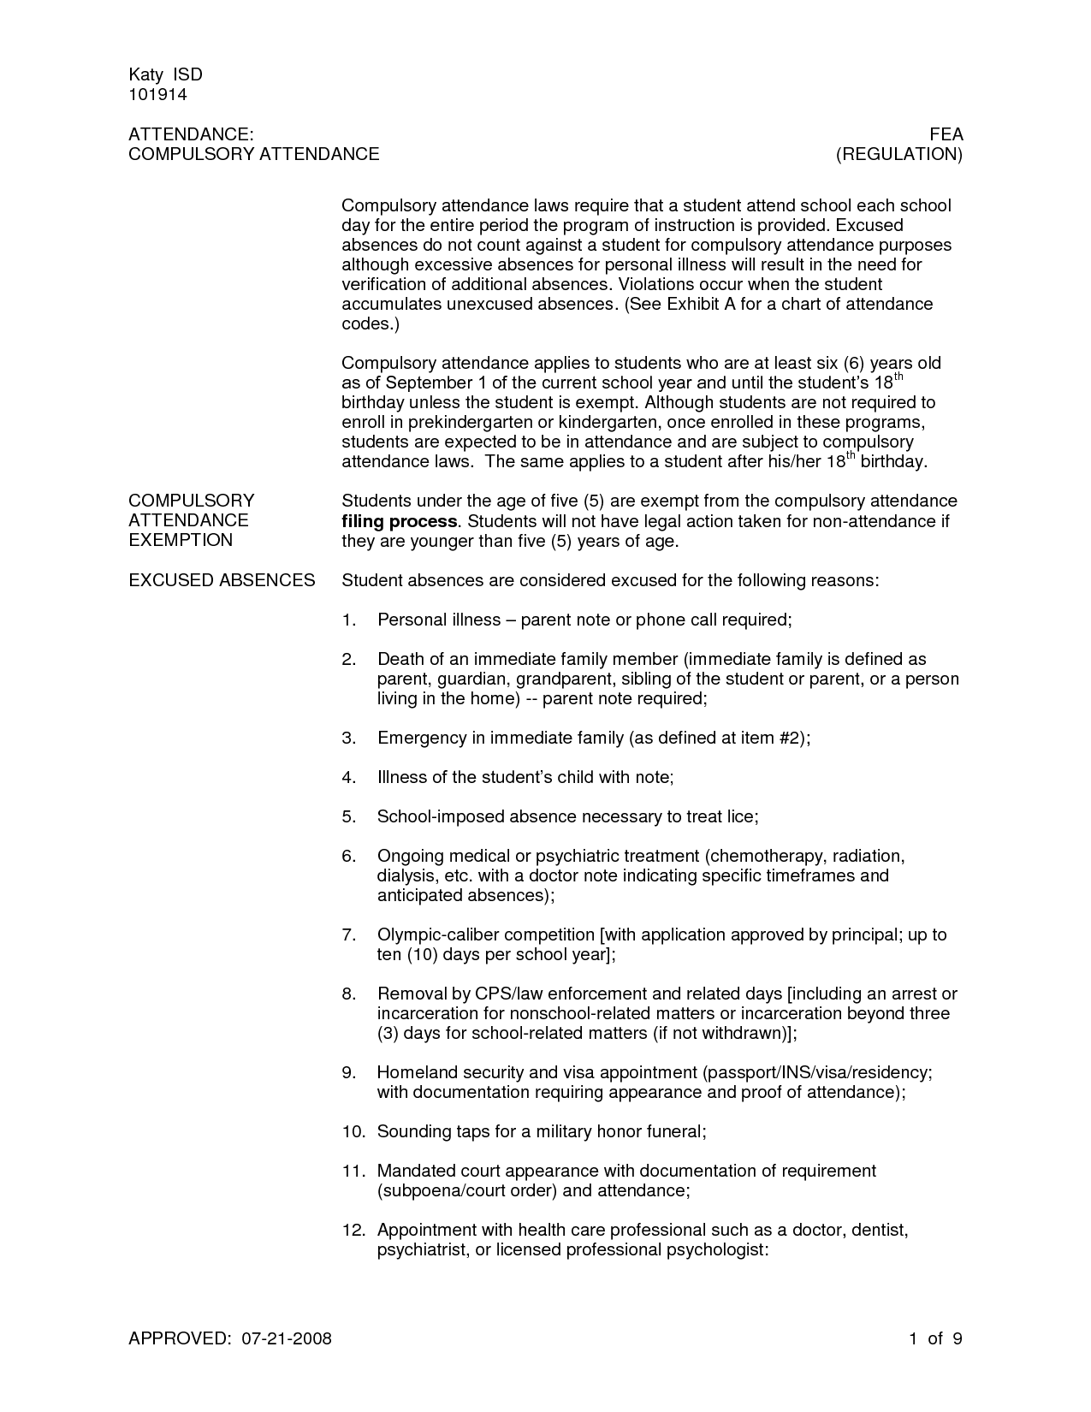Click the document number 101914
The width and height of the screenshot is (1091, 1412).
[x=157, y=94]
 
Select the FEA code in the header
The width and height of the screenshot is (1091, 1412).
[x=946, y=134]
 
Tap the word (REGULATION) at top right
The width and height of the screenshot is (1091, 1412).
[x=899, y=154]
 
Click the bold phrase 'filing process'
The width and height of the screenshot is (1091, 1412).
[x=399, y=521]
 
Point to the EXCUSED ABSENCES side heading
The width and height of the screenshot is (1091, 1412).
[x=222, y=580]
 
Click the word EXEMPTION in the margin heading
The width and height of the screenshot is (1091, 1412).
[x=181, y=540]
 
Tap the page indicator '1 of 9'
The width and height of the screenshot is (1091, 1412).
[x=936, y=1338]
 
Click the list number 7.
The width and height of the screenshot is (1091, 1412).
[x=347, y=934]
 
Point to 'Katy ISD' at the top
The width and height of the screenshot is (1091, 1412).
[x=165, y=74]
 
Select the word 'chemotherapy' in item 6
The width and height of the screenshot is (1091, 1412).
[x=762, y=856]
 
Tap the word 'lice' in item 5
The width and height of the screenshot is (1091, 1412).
[x=741, y=816]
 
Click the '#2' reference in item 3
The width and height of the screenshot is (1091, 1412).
[x=790, y=738]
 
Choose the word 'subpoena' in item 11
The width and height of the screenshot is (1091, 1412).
[x=418, y=1190]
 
